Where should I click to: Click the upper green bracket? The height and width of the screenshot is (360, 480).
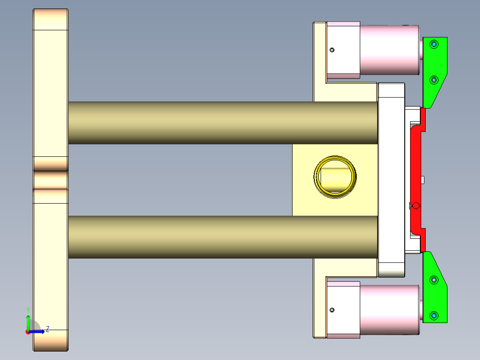click(x=434, y=67)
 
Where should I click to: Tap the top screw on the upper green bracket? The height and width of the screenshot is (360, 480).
click(x=434, y=44)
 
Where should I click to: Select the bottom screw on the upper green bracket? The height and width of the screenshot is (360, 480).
click(x=434, y=80)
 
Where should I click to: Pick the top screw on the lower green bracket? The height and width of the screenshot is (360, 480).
click(x=434, y=280)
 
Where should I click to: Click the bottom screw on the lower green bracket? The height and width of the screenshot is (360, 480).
click(x=434, y=316)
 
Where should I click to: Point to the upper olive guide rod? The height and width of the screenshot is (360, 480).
click(x=223, y=123)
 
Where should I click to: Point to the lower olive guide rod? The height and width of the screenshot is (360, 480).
click(x=223, y=237)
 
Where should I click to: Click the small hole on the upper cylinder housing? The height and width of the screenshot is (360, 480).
click(x=332, y=50)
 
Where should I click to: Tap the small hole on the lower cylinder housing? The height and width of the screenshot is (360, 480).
click(x=332, y=310)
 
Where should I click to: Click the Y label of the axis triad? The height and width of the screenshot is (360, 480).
click(x=28, y=310)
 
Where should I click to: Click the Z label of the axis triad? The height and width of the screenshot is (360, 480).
click(x=47, y=329)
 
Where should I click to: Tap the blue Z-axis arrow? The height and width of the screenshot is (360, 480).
click(x=38, y=331)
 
